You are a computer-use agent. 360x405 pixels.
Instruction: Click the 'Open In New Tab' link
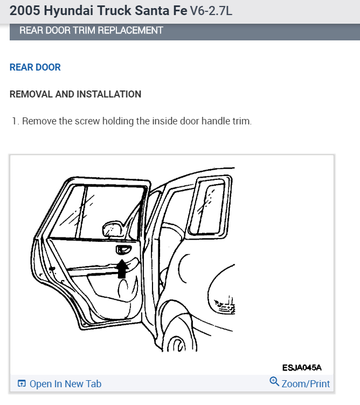click(65, 384)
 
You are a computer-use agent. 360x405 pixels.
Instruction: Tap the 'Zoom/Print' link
click(306, 384)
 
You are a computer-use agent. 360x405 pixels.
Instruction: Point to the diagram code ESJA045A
click(302, 367)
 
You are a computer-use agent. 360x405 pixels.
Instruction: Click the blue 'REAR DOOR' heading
click(35, 67)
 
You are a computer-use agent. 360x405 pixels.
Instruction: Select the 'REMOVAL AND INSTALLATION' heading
click(75, 94)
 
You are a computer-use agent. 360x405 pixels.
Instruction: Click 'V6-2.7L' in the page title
click(211, 11)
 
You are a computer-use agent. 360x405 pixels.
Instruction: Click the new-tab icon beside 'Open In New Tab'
click(22, 384)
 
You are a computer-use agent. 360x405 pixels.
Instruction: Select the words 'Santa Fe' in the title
click(162, 10)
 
